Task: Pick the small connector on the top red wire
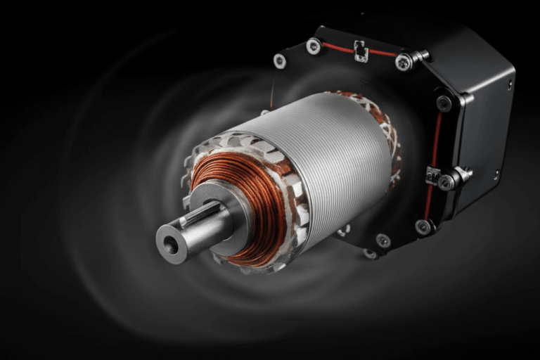(x=361, y=51)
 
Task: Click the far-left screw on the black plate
(x=280, y=61)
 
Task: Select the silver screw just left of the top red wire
(x=314, y=46)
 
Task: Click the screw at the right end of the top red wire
(x=404, y=62)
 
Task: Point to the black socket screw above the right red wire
(x=444, y=103)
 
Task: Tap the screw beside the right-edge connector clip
(x=446, y=182)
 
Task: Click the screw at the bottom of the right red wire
(x=423, y=226)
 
